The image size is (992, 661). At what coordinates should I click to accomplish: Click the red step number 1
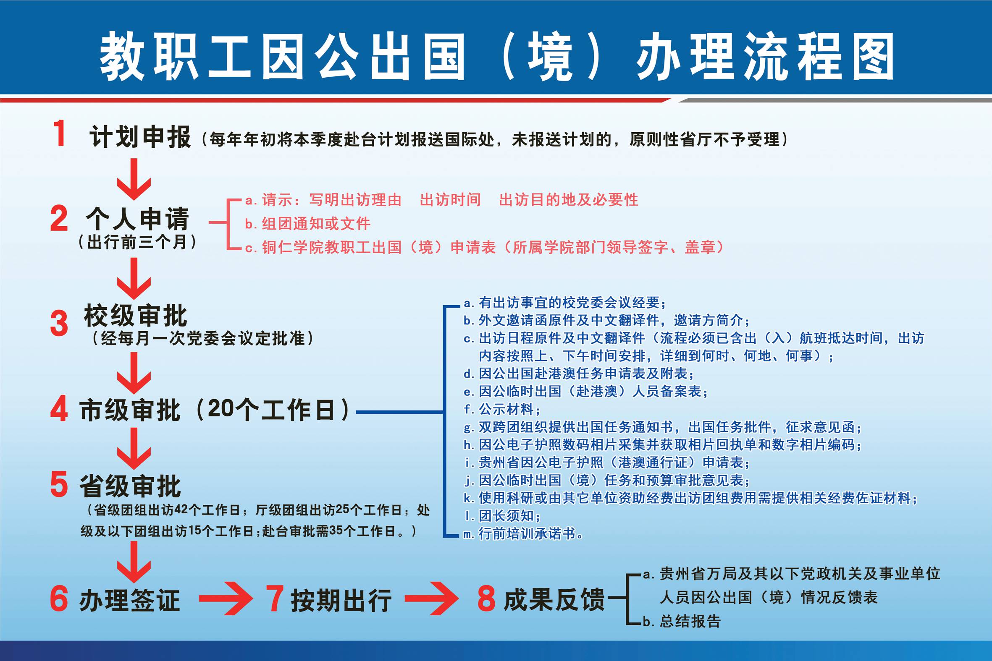[x=60, y=133]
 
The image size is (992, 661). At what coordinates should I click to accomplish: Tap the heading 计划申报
[x=139, y=137]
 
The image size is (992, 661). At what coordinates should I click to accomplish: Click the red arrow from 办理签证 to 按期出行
[x=226, y=598]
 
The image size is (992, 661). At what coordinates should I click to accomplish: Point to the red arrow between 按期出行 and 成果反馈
[x=431, y=598]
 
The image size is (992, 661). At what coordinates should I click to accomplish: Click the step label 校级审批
[x=135, y=316]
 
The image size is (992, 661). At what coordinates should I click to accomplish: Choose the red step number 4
[x=59, y=408]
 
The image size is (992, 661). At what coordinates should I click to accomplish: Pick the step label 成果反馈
[x=554, y=599]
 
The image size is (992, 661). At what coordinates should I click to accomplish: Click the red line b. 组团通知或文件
[x=308, y=224]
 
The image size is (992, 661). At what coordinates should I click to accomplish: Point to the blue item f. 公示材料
[x=502, y=409]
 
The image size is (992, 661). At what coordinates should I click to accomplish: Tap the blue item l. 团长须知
[x=502, y=515]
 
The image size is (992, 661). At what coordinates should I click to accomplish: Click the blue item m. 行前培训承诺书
[x=523, y=534]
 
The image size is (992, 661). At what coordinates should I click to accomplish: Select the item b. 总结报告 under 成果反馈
[x=682, y=621]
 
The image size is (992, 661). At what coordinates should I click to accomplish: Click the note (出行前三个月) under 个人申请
[x=137, y=242]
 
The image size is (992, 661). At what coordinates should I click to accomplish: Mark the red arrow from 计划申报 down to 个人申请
[x=134, y=179]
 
